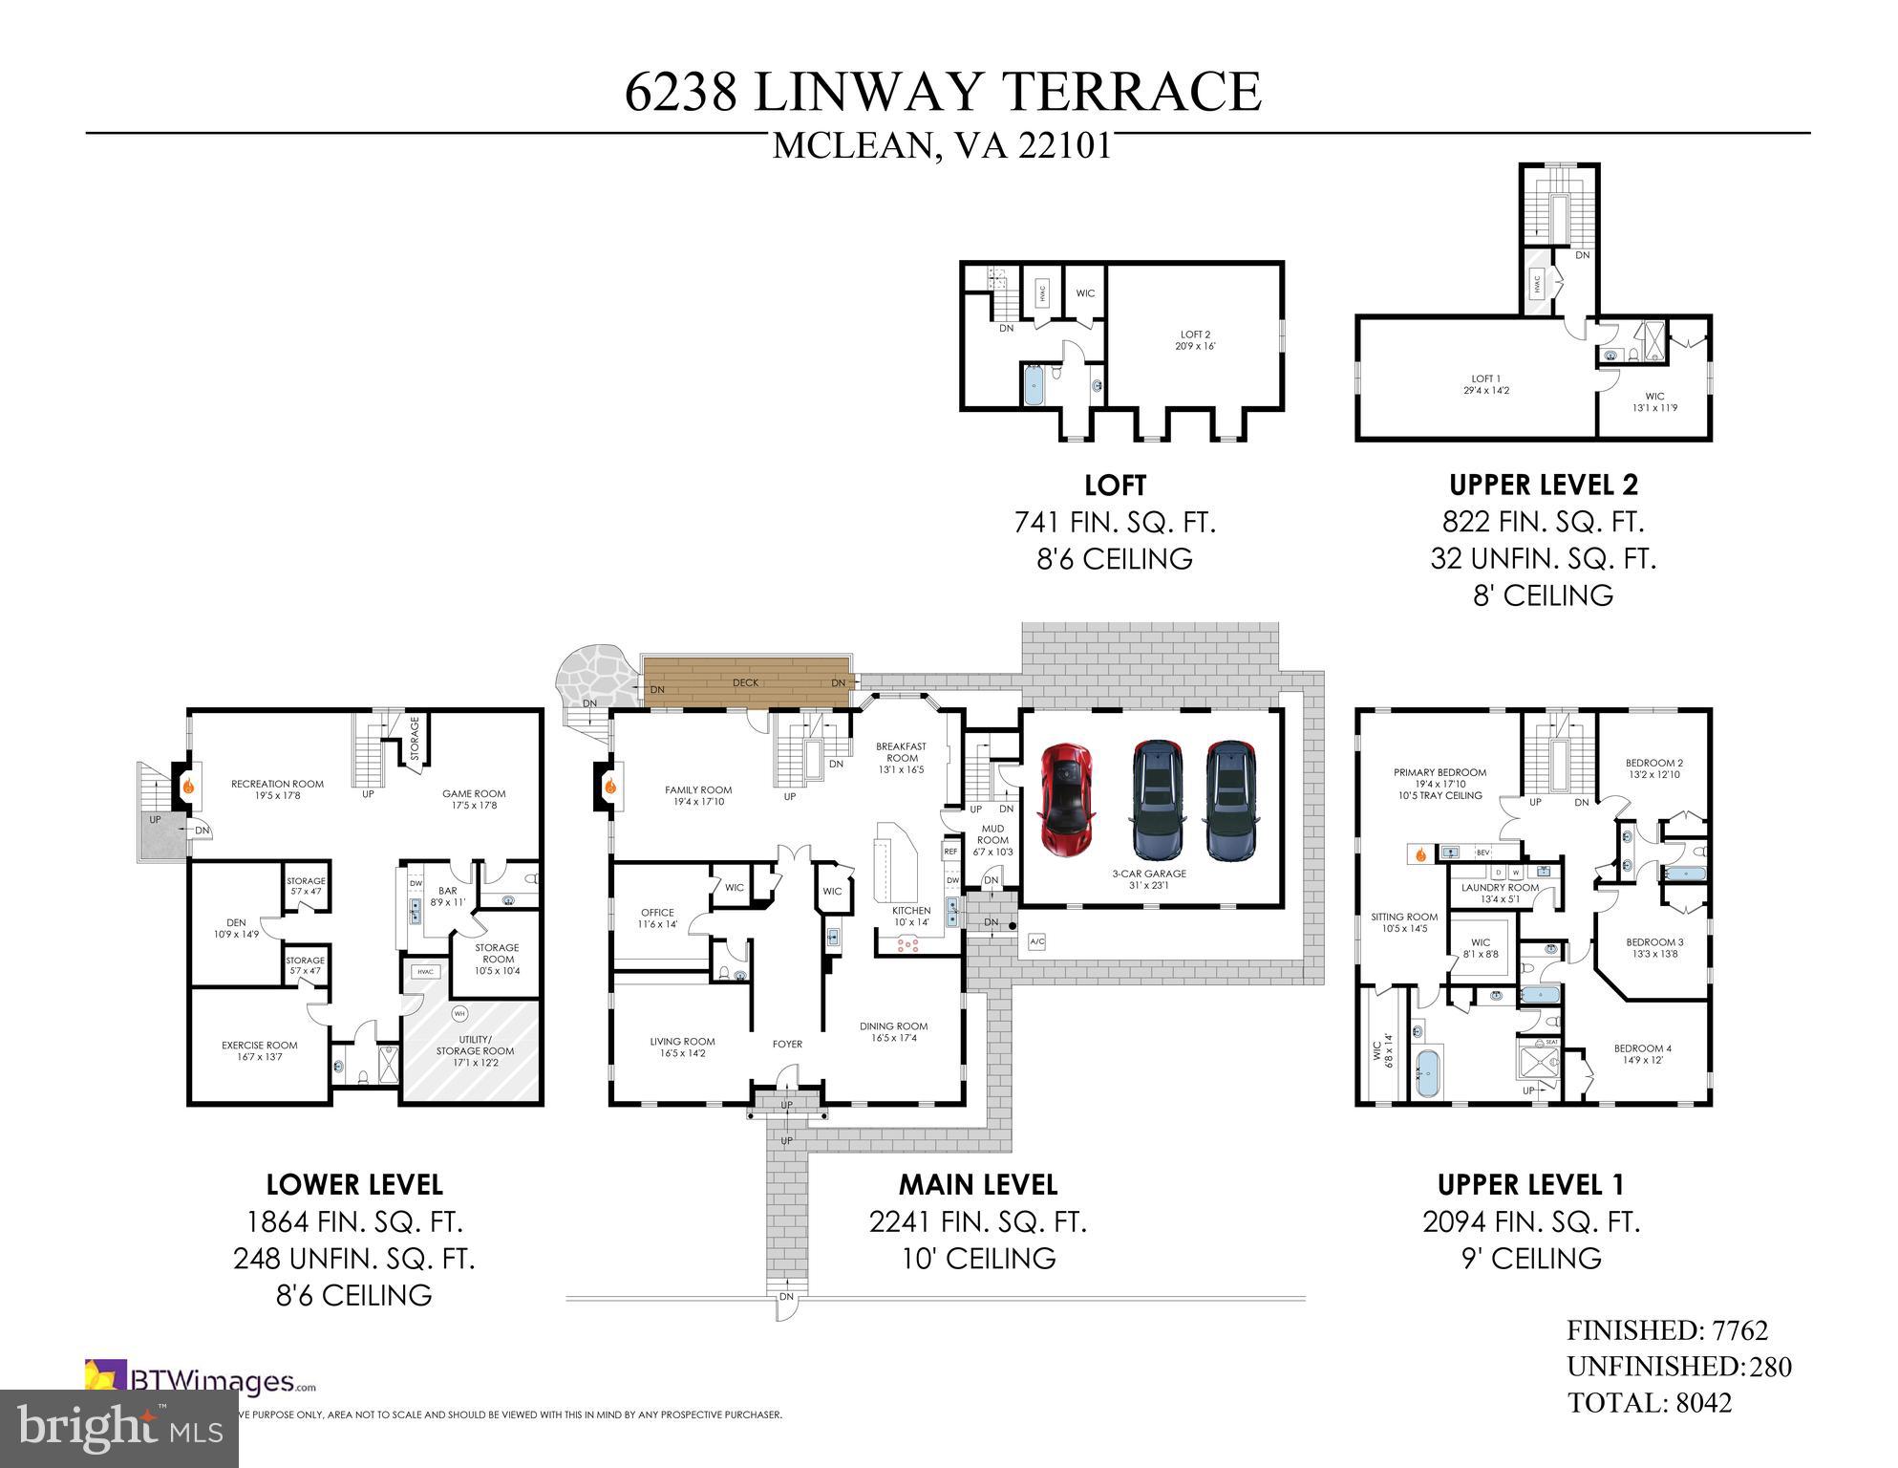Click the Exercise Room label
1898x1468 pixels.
(260, 1050)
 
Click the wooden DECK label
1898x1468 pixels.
(745, 682)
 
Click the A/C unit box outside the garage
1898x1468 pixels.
(1037, 942)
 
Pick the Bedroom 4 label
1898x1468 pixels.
(1642, 1054)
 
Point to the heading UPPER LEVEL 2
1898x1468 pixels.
(1543, 486)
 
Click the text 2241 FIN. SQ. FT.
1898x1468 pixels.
(977, 1222)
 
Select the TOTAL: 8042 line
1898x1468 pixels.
(1649, 1403)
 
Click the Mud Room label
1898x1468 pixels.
(992, 834)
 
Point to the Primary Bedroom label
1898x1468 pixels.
(1439, 778)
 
